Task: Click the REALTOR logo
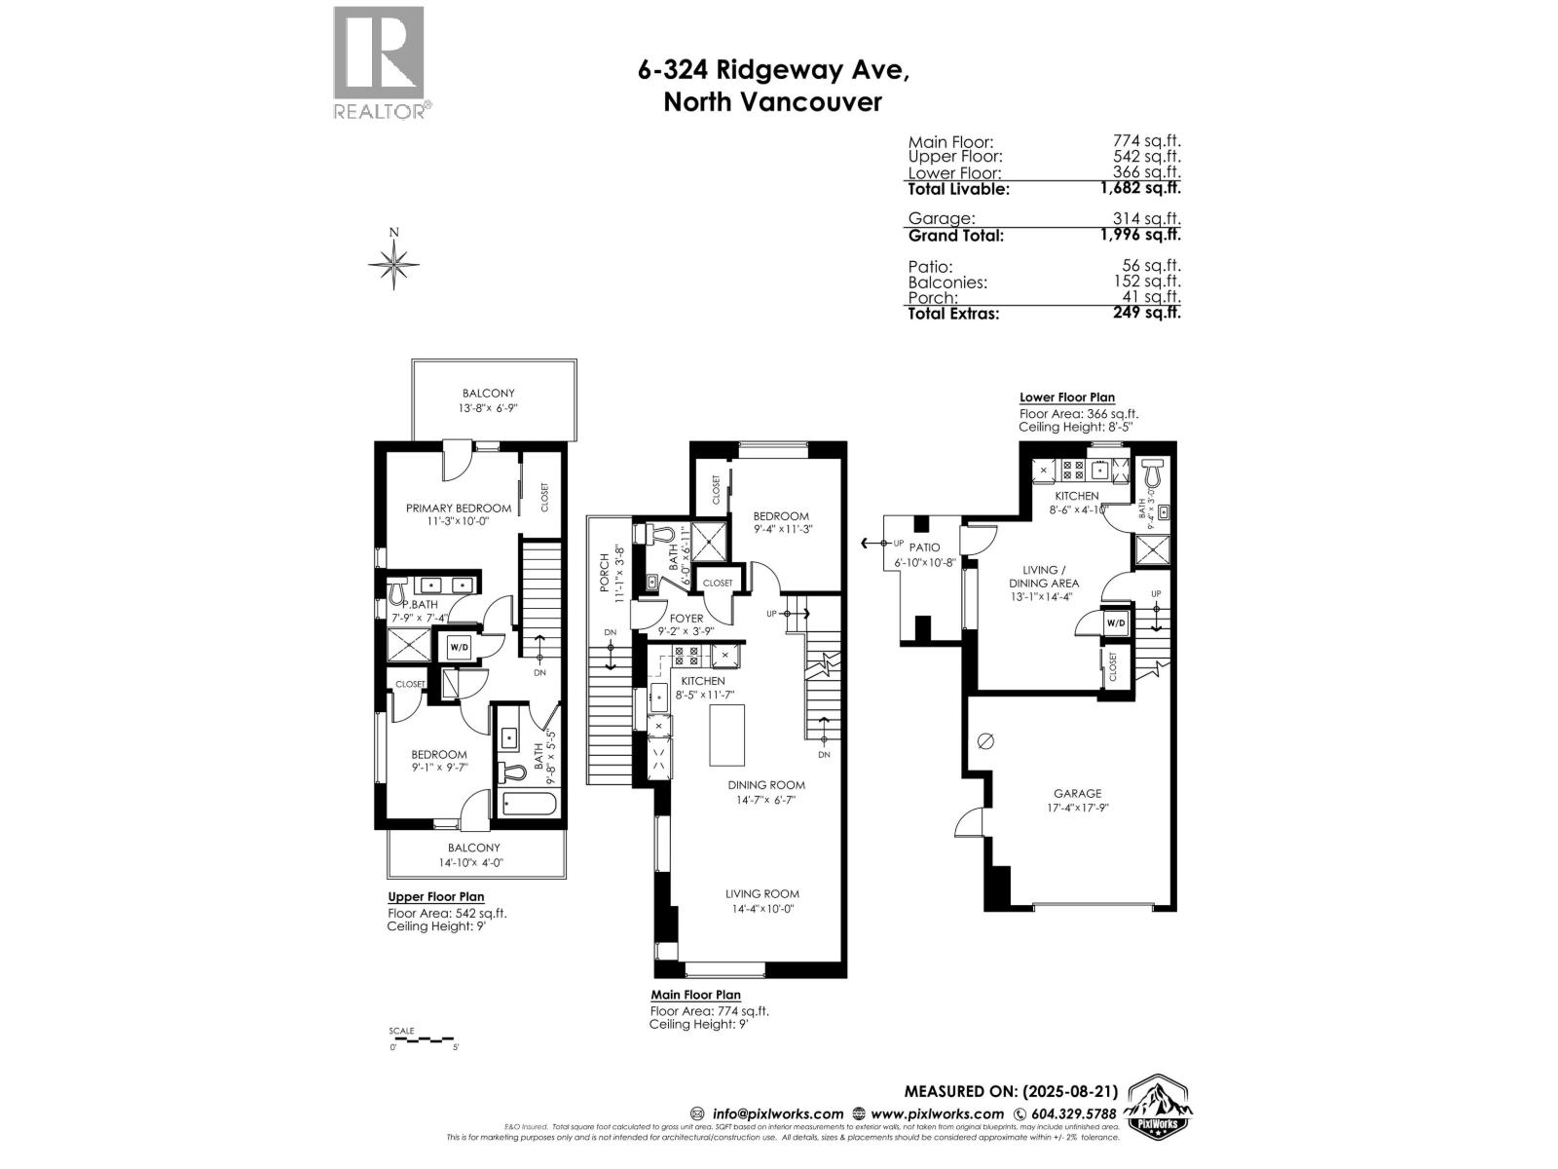380,62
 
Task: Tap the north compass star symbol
394,263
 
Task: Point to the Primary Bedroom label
458,508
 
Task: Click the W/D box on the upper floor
458,647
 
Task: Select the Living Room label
761,893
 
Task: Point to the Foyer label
686,618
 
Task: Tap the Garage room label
1077,793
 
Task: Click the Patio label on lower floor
924,547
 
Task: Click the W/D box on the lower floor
1116,622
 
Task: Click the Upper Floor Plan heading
435,896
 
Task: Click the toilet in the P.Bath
397,590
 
